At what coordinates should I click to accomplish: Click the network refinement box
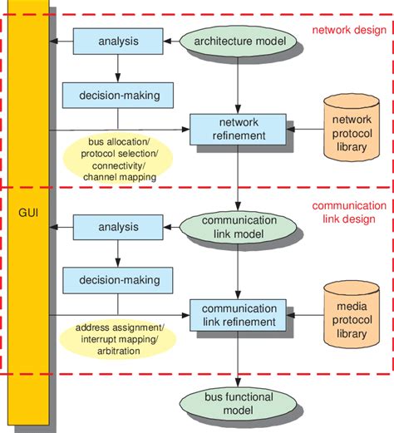(x=238, y=129)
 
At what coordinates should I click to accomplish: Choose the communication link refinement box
(x=238, y=314)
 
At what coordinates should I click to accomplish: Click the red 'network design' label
(x=347, y=32)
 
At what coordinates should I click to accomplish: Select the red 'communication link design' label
(x=347, y=212)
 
